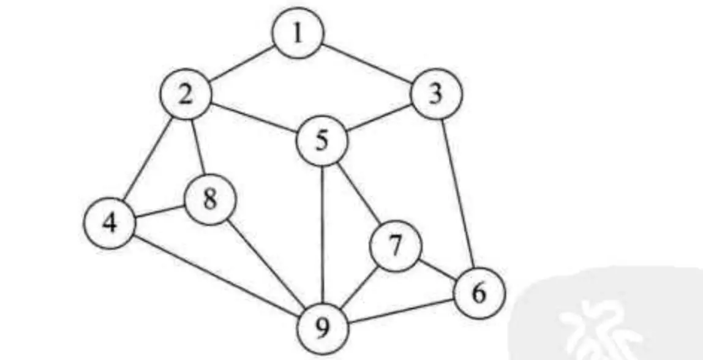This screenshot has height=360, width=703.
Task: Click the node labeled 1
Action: pyautogui.click(x=298, y=34)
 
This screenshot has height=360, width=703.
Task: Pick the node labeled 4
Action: pyautogui.click(x=110, y=223)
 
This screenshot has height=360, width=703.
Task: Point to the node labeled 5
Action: pyautogui.click(x=322, y=141)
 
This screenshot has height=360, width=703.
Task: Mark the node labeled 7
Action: pyautogui.click(x=396, y=246)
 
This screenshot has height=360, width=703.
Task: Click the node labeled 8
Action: pyautogui.click(x=210, y=199)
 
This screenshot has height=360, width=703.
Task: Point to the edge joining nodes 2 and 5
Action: pyautogui.click(x=254, y=118)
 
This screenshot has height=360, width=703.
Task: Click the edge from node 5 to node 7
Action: pyautogui.click(x=359, y=193)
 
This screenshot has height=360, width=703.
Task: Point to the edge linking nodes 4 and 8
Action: pyautogui.click(x=160, y=211)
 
